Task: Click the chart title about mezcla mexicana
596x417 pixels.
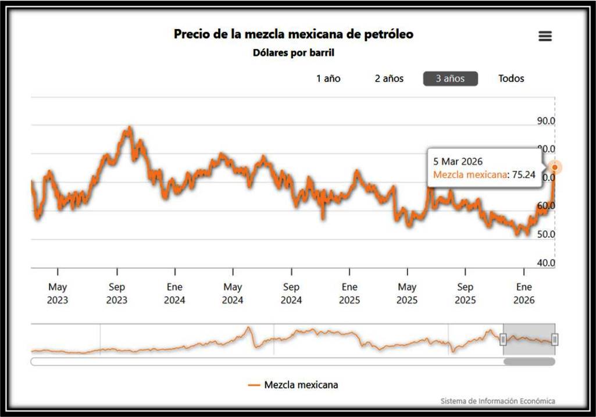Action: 294,34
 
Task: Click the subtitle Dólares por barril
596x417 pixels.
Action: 294,53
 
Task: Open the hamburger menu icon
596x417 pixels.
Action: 545,36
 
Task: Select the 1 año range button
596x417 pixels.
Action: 329,79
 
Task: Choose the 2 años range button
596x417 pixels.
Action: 389,79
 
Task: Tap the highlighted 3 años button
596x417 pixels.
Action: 450,79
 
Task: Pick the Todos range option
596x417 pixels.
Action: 511,79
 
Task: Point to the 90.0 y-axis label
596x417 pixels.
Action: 545,121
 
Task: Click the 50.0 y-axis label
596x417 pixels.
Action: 545,234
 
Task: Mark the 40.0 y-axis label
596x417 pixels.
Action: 545,263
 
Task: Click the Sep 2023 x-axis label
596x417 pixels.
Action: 117,293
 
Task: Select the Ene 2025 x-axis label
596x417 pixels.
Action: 349,293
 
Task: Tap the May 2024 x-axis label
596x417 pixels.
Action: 233,293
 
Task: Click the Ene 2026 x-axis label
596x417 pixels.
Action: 524,293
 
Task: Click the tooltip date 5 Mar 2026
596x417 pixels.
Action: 458,161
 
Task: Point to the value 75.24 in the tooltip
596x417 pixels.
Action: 523,174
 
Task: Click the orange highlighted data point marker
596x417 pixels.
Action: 555,167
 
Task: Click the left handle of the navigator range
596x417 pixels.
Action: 504,339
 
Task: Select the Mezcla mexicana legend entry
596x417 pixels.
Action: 294,385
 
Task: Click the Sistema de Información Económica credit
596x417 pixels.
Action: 497,401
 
